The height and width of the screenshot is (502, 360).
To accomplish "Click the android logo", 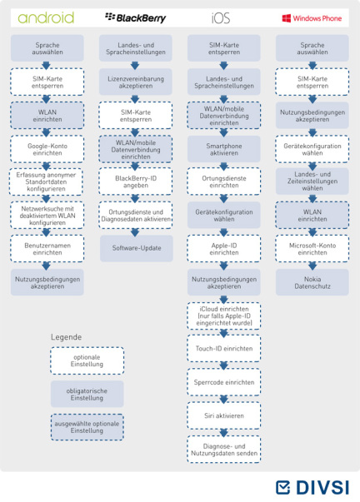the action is coord(46,18).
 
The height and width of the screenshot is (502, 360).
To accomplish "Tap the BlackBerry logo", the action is coord(135,17).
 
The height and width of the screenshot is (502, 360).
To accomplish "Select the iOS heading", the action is coord(221,18).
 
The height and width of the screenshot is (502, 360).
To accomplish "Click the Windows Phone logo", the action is coord(312,18).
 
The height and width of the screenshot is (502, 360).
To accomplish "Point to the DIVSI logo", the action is coord(312,488).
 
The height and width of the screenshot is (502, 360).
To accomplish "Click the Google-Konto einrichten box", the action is coord(47,149).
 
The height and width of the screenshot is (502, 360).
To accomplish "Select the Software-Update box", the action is coord(136,248).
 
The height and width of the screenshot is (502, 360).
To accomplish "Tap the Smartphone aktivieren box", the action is coord(224,149).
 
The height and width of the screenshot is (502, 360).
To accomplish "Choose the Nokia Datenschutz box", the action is coord(312,282).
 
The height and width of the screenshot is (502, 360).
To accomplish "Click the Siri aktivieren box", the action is coord(224,415).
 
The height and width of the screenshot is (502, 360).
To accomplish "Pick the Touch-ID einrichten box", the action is coord(224,348).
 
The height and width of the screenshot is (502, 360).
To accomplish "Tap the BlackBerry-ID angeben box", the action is coord(136,181).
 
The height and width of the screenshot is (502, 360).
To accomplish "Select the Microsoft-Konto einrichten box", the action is coord(312,249).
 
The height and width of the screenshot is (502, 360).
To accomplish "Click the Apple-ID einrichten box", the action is coord(224,249).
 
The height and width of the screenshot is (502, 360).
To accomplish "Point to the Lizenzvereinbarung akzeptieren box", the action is coord(136,82).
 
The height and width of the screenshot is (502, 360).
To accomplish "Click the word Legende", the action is coord(66,337).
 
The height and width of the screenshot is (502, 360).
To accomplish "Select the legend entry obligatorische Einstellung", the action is coord(87,394).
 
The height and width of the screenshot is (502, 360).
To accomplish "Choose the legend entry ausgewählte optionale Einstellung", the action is coord(87,427).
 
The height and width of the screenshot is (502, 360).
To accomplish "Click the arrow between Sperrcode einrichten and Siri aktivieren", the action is coord(224,399).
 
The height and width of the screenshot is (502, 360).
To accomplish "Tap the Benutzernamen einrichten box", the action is coord(47,249).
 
